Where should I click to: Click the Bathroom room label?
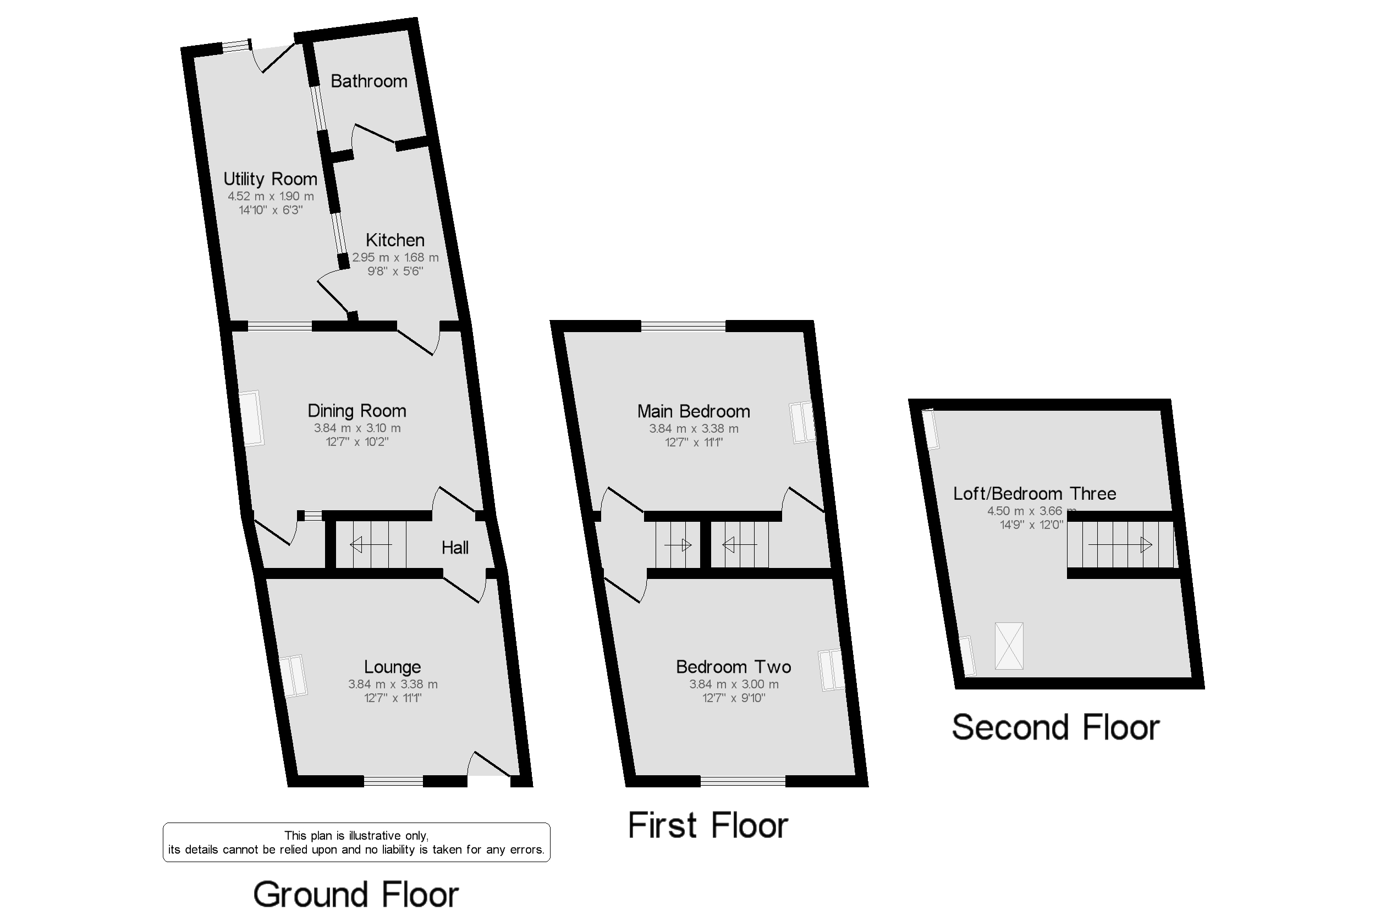tap(369, 81)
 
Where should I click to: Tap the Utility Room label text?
tap(270, 179)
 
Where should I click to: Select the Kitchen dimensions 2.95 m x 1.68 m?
tap(395, 257)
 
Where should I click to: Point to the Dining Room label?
tap(356, 411)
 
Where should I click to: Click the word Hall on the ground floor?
tap(455, 548)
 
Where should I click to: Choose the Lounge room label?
tap(392, 666)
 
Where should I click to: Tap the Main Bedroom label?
tap(693, 411)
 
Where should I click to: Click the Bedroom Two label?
tap(733, 666)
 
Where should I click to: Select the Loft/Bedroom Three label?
tap(1035, 494)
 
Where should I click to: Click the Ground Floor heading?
tap(355, 895)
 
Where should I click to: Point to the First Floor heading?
tap(708, 825)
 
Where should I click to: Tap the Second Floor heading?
tap(1055, 727)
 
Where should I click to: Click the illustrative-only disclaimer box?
tap(356, 842)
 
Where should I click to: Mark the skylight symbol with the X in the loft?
tap(1009, 645)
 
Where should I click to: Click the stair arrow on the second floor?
tap(1120, 545)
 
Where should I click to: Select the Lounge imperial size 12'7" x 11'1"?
tap(392, 698)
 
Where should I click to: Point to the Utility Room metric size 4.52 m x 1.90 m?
tap(270, 196)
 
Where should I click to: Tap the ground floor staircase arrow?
tap(371, 545)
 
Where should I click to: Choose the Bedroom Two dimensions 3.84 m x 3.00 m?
tap(733, 684)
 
